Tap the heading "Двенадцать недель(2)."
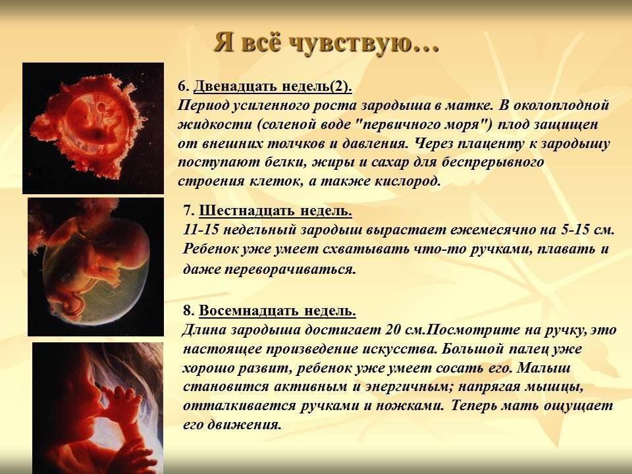click(x=273, y=86)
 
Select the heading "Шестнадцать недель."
click(x=276, y=211)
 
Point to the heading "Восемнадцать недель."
click(x=278, y=311)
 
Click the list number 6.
click(x=184, y=87)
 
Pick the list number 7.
click(x=189, y=211)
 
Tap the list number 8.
click(x=189, y=311)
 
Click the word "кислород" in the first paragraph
click(x=408, y=182)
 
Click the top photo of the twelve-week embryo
click(x=93, y=128)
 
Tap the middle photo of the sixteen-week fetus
click(x=96, y=267)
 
